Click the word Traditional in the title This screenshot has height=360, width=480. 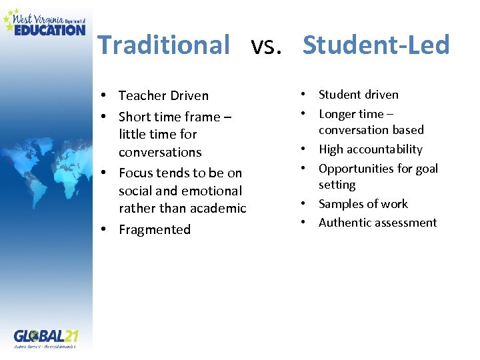(163, 45)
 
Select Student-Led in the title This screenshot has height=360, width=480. (376, 45)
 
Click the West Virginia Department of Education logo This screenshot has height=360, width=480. (45, 22)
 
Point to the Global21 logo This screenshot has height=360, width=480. (45, 336)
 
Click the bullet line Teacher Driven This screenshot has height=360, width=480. (163, 96)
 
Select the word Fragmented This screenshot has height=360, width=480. (155, 230)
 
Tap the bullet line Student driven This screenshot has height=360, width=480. (358, 95)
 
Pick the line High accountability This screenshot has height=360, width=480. (370, 149)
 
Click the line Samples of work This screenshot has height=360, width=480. (363, 204)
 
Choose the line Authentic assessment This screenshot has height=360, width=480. (377, 223)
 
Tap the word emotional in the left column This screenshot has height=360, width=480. (209, 191)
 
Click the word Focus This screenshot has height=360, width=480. (135, 173)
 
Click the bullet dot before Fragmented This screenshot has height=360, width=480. (105, 230)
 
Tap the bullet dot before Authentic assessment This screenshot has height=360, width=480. (304, 223)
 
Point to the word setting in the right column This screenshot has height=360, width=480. (337, 185)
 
